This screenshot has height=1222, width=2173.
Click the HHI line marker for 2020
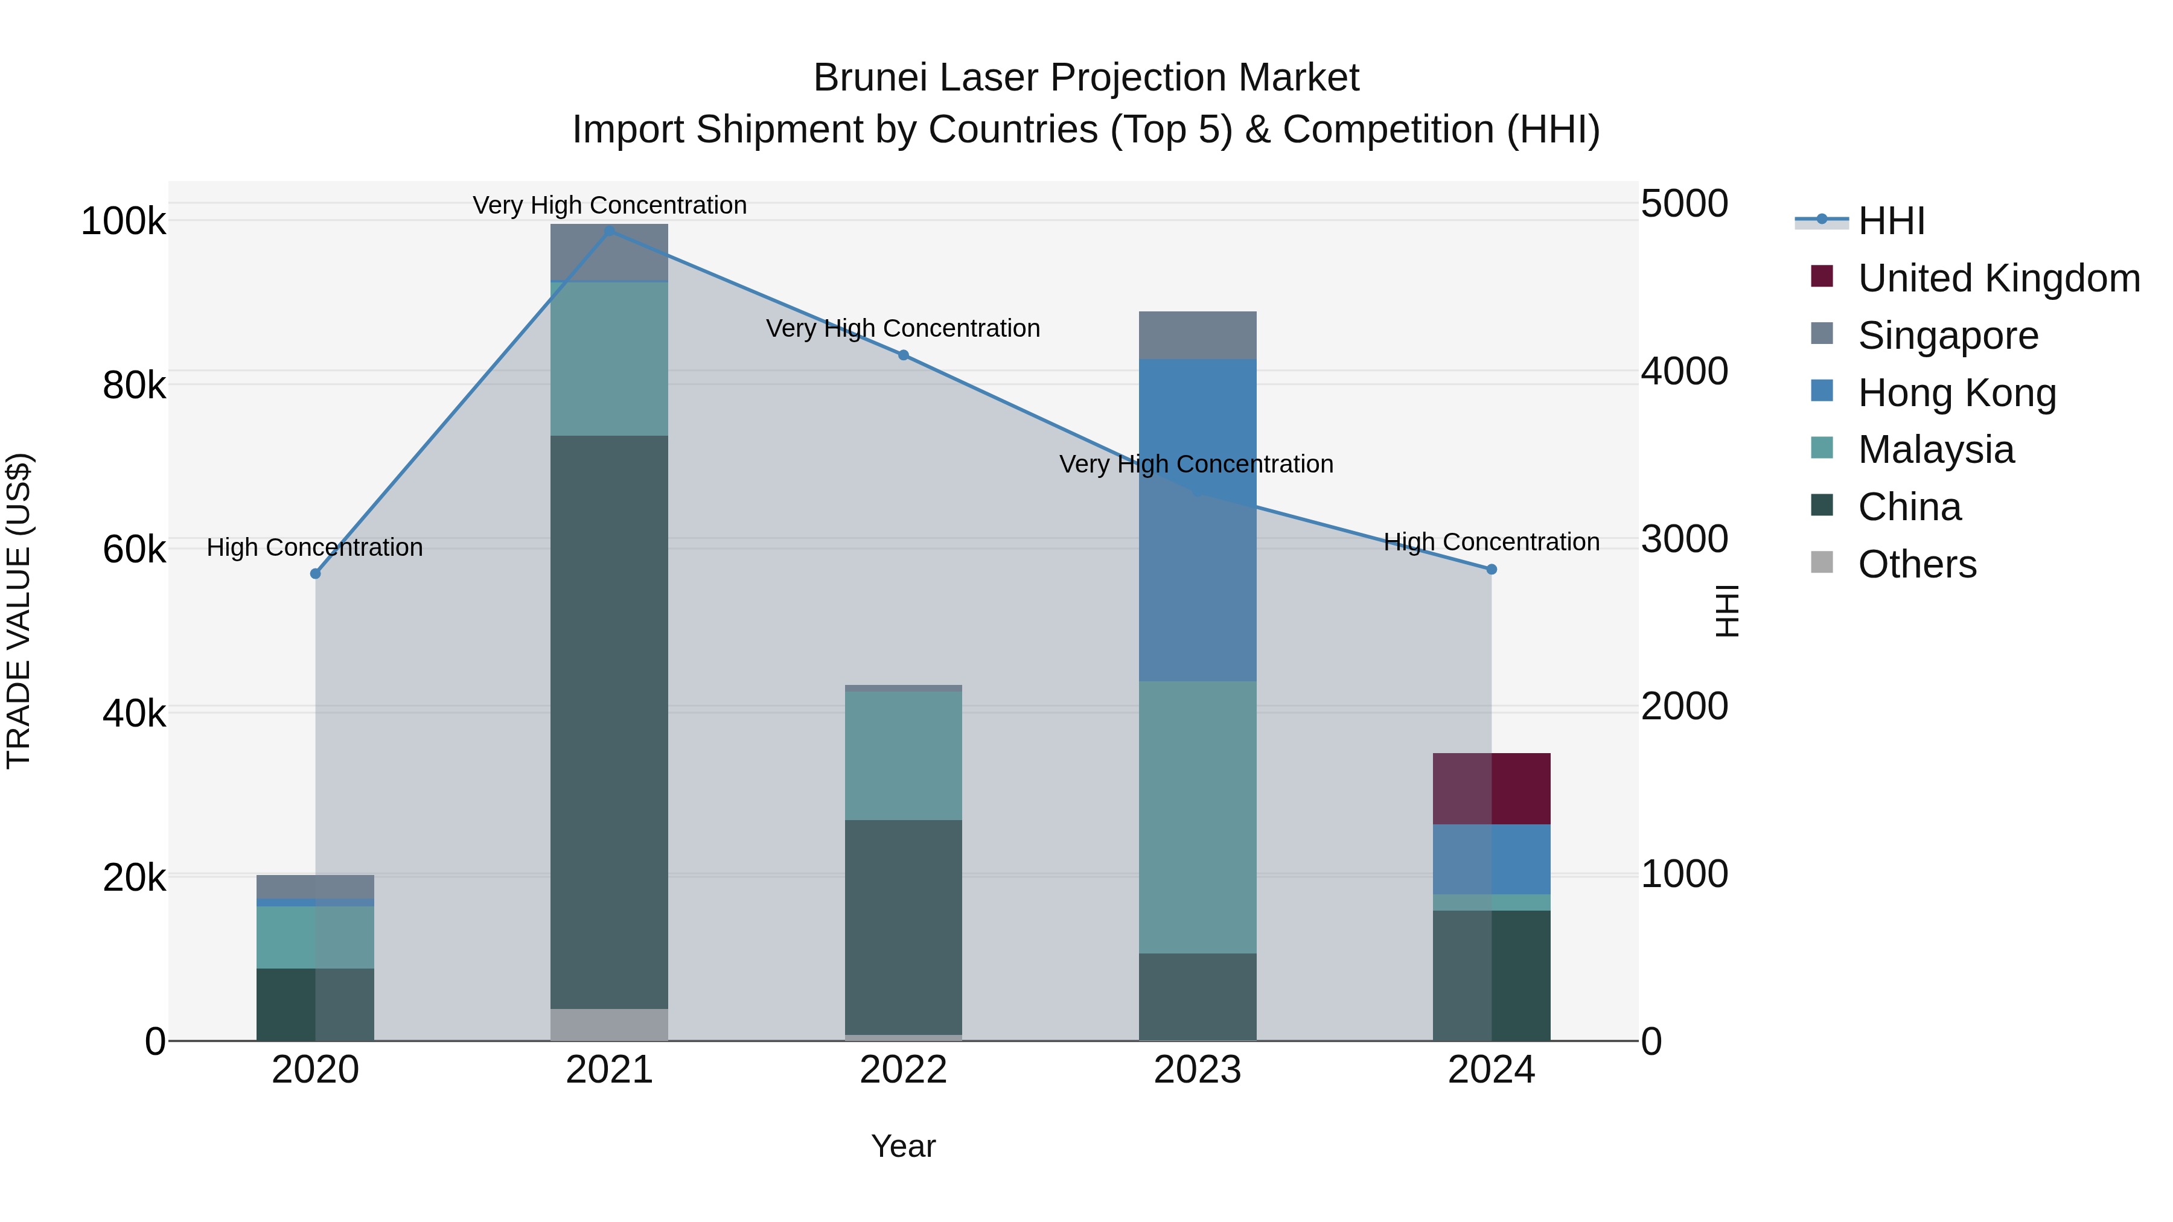click(316, 573)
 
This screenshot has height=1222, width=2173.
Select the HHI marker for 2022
click(904, 355)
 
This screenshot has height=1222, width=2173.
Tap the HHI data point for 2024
click(1492, 569)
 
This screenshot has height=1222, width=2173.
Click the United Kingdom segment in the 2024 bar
click(1492, 789)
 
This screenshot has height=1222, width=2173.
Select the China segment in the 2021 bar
click(609, 722)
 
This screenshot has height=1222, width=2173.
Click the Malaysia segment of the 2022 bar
click(904, 756)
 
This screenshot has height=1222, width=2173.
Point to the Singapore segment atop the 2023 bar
click(1197, 335)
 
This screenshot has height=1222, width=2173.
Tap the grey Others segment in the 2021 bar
click(609, 1024)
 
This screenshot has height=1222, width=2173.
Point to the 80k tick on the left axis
click(134, 386)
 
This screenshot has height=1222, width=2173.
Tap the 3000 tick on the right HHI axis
click(1683, 539)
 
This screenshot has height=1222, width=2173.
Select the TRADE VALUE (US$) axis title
click(19, 611)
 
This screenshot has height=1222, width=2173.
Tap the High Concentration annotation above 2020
click(314, 547)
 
